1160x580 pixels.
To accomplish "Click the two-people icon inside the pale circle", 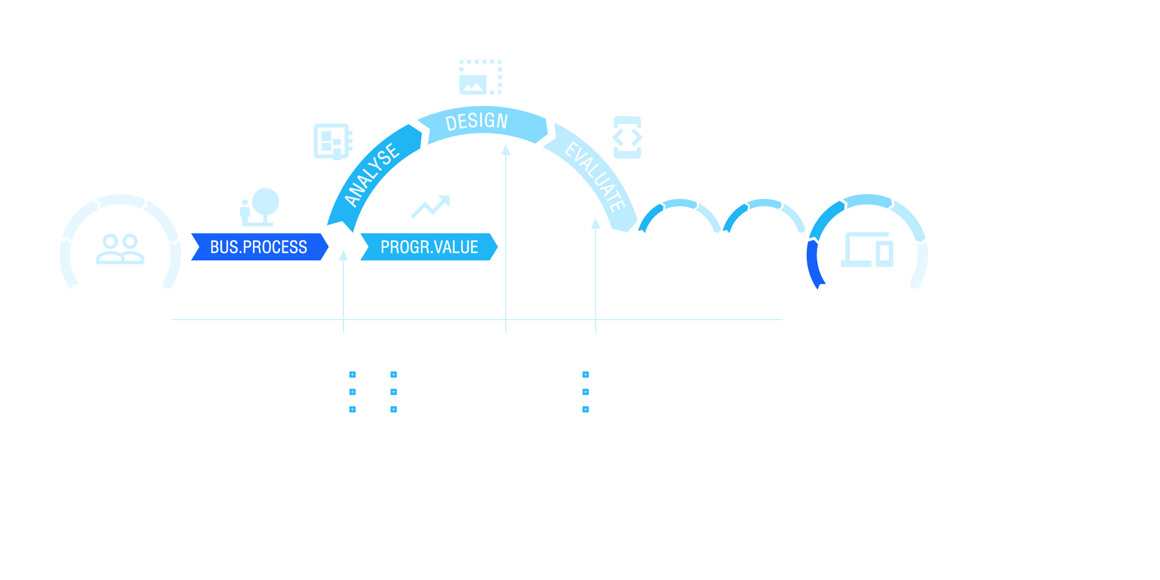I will click(121, 249).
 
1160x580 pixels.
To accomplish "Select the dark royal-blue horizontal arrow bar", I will click(258, 247).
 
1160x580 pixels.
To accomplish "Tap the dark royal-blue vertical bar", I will click(816, 264).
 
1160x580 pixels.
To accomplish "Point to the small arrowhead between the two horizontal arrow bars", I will click(343, 255).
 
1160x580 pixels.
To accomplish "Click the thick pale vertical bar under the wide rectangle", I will click(506, 238).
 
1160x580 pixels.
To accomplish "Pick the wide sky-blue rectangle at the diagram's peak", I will click(483, 125).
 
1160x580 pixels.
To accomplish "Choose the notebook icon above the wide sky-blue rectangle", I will click(480, 77).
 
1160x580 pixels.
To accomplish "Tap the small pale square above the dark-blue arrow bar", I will click(260, 207).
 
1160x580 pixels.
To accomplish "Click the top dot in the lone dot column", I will click(586, 375).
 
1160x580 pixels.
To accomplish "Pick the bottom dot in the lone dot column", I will click(586, 409).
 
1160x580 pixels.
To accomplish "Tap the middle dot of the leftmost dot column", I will click(353, 392).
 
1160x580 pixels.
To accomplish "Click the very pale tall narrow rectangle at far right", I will click(919, 264).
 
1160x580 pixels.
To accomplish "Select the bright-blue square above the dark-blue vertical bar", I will click(831, 220).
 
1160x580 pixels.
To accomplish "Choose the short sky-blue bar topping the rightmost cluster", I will click(868, 201).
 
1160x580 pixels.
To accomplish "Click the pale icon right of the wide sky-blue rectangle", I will click(627, 137).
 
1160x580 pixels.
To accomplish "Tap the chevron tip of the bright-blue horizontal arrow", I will click(494, 247).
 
